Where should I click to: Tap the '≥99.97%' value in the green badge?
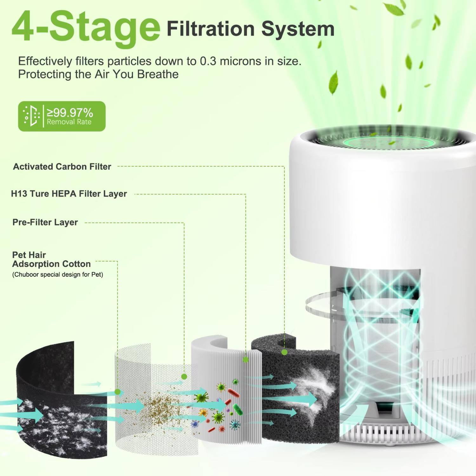70,112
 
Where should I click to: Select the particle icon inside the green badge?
31,116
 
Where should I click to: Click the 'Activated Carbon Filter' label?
62,167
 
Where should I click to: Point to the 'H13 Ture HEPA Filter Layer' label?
69,194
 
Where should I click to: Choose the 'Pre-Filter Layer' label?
45,222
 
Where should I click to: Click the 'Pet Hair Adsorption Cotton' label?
51,260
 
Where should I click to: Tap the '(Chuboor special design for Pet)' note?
57,274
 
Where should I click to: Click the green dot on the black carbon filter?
284,352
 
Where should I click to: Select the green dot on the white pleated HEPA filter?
245,360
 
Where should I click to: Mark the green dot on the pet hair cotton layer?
118,392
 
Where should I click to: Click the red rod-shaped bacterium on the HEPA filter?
234,393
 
